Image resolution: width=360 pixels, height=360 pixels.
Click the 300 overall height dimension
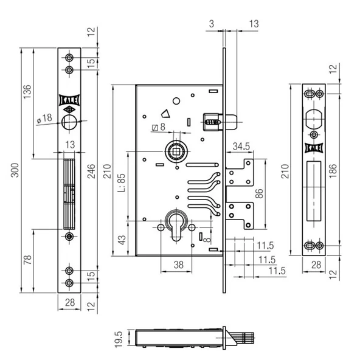(x=15, y=170)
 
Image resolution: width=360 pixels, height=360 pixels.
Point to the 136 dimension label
(x=27, y=92)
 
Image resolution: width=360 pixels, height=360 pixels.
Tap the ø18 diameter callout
(x=44, y=119)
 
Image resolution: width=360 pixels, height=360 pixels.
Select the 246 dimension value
(x=91, y=171)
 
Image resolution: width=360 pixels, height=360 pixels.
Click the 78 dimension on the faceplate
(x=27, y=260)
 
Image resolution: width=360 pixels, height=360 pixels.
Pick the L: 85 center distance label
(x=122, y=183)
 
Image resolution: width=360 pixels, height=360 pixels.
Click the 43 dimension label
(x=122, y=240)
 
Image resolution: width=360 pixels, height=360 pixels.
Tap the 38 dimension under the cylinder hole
(x=178, y=265)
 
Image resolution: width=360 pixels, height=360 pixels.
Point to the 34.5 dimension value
(x=241, y=146)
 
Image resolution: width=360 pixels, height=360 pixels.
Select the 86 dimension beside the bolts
(x=259, y=193)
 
